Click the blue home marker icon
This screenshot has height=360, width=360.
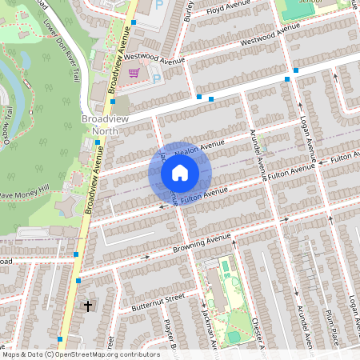pyautogui.click(x=180, y=173)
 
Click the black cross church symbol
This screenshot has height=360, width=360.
pyautogui.click(x=87, y=306)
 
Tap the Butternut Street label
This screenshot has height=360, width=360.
pyautogui.click(x=157, y=302)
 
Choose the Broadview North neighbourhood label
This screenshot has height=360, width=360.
pyautogui.click(x=104, y=124)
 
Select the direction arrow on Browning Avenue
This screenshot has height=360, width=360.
pyautogui.click(x=146, y=257)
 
